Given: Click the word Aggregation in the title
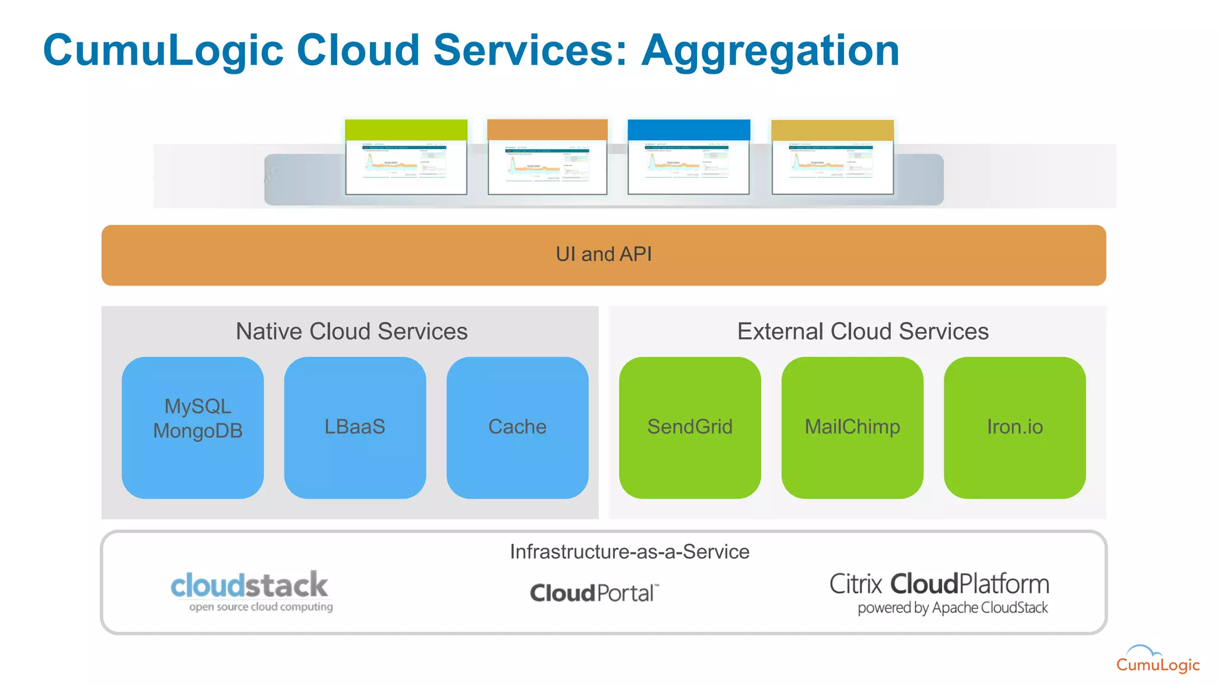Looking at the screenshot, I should pyautogui.click(x=770, y=51).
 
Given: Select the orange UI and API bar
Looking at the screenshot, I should pyautogui.click(x=604, y=255).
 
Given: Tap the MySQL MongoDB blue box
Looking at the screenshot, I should pyautogui.click(x=193, y=427).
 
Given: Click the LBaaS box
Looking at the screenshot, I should pyautogui.click(x=355, y=427).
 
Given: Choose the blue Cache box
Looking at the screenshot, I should pyautogui.click(x=517, y=427).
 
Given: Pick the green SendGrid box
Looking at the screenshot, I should pyautogui.click(x=690, y=427).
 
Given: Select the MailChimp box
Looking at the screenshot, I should pyautogui.click(x=852, y=427).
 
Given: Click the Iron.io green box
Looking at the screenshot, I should pyautogui.click(x=1015, y=427).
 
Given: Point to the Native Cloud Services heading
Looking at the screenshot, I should pyautogui.click(x=351, y=331).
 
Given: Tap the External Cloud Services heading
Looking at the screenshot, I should pyautogui.click(x=862, y=331).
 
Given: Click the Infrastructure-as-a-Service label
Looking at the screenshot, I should pyautogui.click(x=629, y=552).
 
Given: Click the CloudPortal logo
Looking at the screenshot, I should pyautogui.click(x=594, y=593).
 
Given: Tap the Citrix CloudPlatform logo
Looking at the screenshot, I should pyautogui.click(x=939, y=584).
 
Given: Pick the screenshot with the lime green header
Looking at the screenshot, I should pyautogui.click(x=406, y=158).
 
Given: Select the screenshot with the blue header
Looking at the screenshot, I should pyautogui.click(x=689, y=158).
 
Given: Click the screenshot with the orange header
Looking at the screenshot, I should pyautogui.click(x=547, y=158).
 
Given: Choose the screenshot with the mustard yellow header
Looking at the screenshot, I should pyautogui.click(x=833, y=158).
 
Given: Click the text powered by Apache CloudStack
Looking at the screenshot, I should pyautogui.click(x=952, y=608).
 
